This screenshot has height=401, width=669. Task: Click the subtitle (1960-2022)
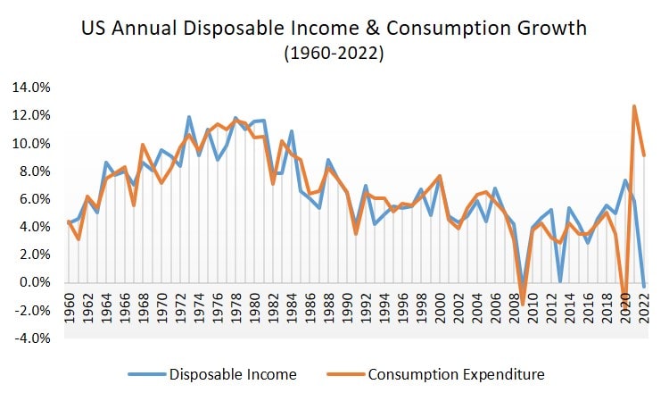point(334,54)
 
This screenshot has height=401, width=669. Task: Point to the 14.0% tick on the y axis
point(32,88)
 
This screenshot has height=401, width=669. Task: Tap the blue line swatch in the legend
point(146,374)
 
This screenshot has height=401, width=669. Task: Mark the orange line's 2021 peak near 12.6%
point(634,106)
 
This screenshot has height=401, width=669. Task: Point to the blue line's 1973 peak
point(189,117)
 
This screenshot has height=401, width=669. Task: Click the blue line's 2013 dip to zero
point(560,281)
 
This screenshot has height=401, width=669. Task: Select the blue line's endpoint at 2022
point(644,287)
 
